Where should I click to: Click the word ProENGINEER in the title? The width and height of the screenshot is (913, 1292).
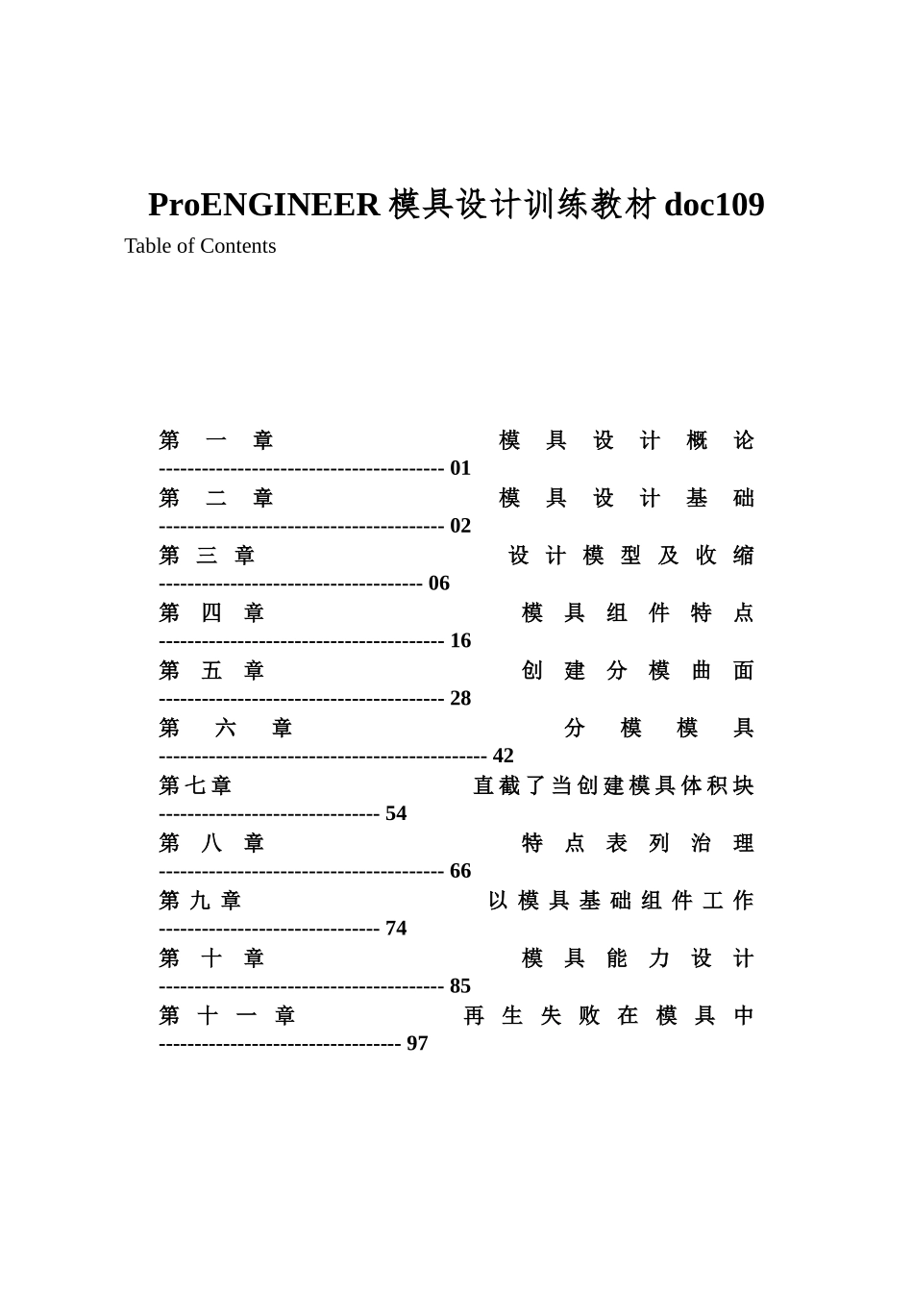coord(263,205)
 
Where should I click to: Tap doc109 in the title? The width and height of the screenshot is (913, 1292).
coord(714,205)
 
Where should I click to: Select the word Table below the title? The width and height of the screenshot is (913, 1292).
coord(148,246)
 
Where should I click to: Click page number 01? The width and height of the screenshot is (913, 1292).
coord(460,468)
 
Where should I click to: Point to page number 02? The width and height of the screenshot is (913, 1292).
coord(460,526)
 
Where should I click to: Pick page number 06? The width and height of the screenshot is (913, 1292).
coord(439,584)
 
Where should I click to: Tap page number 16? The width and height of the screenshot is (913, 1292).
coord(460,641)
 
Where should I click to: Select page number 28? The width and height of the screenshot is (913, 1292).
coord(460,699)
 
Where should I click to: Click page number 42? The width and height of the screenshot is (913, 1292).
coord(504,757)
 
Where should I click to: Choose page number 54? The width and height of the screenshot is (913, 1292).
coord(396,814)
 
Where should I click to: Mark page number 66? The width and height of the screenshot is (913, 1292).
coord(460,871)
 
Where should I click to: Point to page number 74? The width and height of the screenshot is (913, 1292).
coord(396,929)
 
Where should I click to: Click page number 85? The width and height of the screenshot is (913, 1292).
coord(460,986)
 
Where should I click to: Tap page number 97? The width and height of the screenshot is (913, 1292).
coord(417,1044)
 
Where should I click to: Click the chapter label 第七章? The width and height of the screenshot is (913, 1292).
coord(195,786)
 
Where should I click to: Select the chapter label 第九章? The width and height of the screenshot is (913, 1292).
coord(200,901)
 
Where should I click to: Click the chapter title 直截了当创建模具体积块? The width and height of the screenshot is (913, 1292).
coord(613,786)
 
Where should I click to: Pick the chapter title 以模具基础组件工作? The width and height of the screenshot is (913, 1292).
coord(621,901)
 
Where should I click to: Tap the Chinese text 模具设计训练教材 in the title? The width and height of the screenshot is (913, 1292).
coord(523,205)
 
